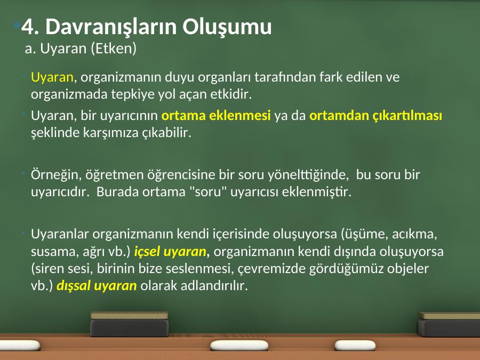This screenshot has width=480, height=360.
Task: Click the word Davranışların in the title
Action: point(111,27)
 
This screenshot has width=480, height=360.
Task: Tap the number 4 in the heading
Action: point(27,27)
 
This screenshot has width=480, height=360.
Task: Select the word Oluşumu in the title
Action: point(227,27)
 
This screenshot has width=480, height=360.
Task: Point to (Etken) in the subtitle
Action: point(114,49)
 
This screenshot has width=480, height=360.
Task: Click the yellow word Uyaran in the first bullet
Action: point(52,77)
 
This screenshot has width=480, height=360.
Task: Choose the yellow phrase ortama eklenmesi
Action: point(216,115)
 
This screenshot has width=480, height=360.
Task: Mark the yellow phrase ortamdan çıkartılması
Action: point(375,116)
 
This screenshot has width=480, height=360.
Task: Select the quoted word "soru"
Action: point(208,192)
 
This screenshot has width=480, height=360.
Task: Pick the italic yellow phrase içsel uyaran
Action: point(170,251)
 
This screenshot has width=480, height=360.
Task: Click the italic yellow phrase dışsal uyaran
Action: point(97,286)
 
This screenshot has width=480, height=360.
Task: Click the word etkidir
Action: point(231,94)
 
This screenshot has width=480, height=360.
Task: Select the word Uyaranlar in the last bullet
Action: point(60,234)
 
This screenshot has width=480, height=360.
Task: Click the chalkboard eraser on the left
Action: point(129,324)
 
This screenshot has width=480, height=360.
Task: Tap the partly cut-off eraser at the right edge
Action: point(449,324)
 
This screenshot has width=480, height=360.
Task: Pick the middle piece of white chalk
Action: point(239,345)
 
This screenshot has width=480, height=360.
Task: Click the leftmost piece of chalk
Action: point(19,345)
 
